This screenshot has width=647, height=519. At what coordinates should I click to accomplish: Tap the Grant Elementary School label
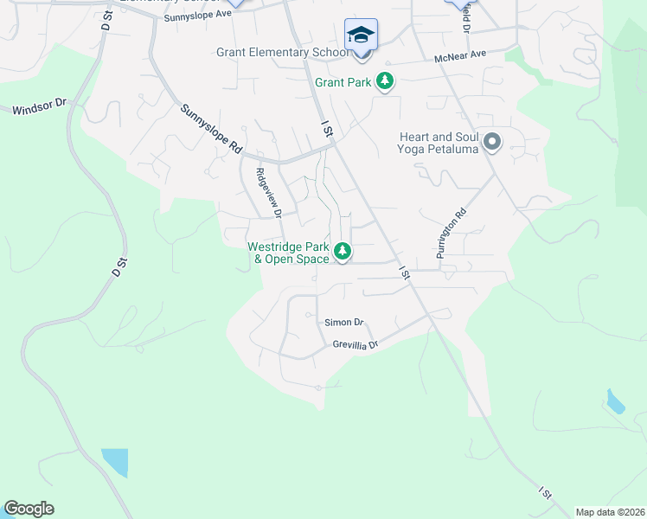[x=282, y=53]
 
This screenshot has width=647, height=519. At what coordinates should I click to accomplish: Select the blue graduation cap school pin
[x=361, y=35]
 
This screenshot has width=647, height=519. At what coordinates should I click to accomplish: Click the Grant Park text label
[x=343, y=83]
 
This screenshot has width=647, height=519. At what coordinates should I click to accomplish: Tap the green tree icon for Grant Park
[x=385, y=82]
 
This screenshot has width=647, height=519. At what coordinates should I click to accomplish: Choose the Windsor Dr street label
[x=39, y=107]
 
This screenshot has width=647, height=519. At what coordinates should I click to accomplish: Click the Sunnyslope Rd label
[x=211, y=130]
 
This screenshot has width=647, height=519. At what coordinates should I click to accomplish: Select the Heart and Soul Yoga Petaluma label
[x=439, y=143]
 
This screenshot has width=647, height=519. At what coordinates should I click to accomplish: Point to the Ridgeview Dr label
[x=268, y=192]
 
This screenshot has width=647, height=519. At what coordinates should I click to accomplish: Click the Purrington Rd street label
[x=452, y=234]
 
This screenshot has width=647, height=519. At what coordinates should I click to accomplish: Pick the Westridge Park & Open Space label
[x=288, y=253]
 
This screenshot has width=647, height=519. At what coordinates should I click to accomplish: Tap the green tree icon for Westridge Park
[x=343, y=252]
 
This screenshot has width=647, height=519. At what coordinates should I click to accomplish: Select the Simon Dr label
[x=344, y=323]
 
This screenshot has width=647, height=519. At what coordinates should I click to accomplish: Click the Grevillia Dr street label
[x=356, y=344]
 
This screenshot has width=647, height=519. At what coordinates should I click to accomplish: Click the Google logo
[x=29, y=509]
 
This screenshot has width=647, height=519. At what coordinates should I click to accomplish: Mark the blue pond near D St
[x=114, y=463]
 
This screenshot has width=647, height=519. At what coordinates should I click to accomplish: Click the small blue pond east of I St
[x=615, y=401]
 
